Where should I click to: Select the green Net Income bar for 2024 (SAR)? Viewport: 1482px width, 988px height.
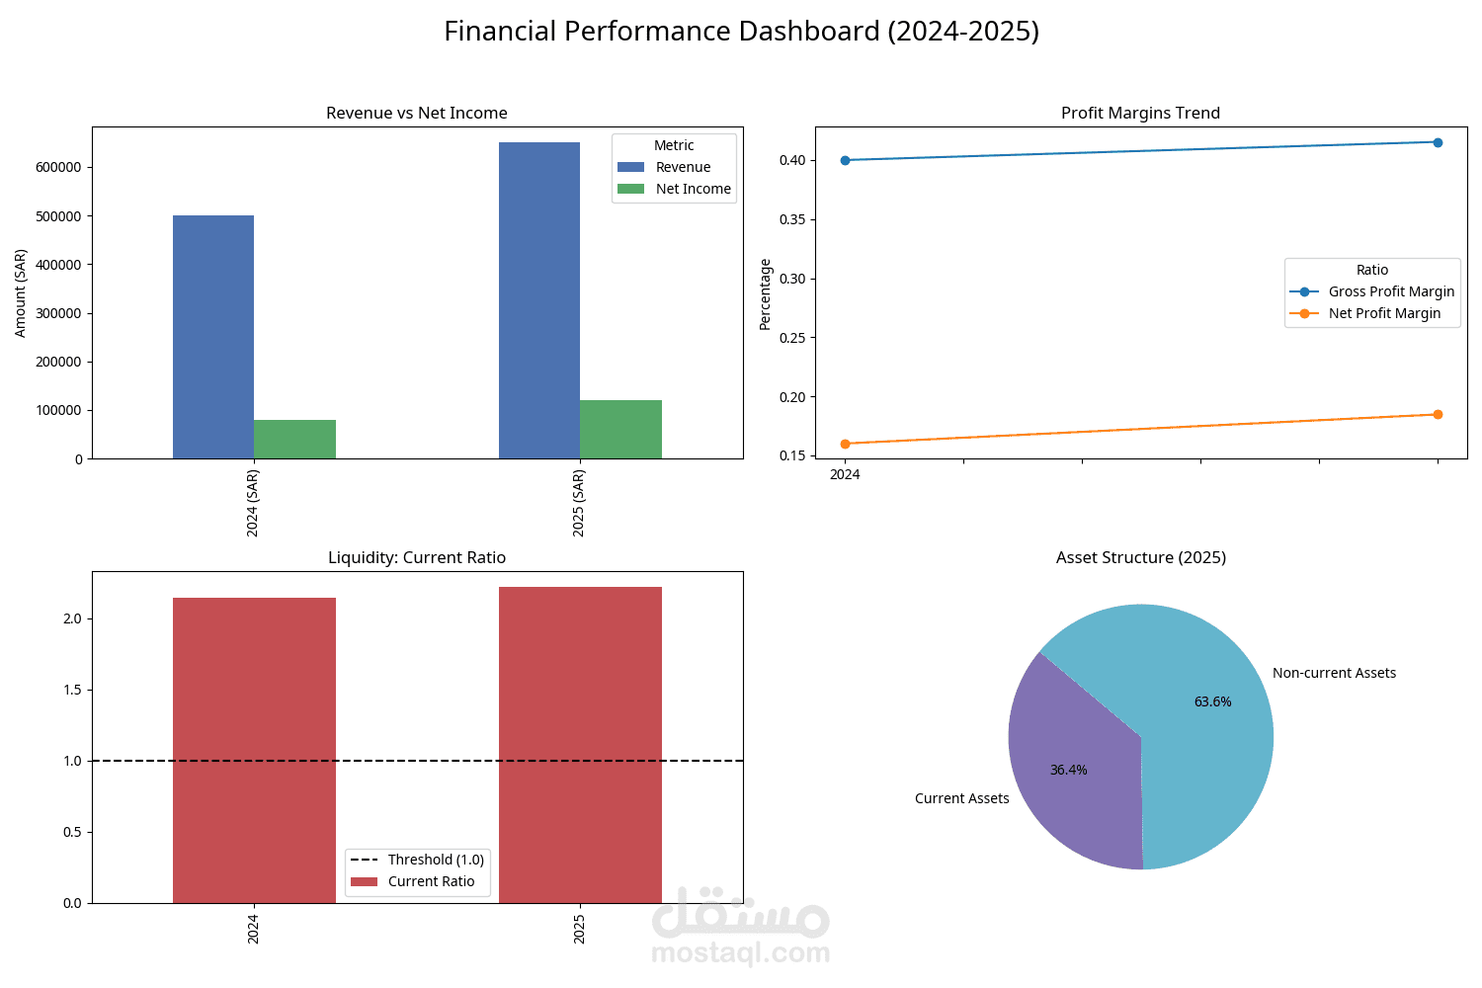pyautogui.click(x=294, y=440)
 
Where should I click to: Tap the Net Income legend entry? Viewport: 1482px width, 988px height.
pyautogui.click(x=693, y=189)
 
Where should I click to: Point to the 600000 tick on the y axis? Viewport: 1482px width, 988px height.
pyautogui.click(x=58, y=167)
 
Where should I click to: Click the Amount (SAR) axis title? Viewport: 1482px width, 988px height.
pyautogui.click(x=21, y=293)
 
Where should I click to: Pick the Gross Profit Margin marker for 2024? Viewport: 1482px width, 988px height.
pyautogui.click(x=845, y=160)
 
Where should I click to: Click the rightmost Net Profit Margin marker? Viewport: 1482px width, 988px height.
pyautogui.click(x=1438, y=414)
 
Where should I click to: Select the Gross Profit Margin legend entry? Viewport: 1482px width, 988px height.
pyautogui.click(x=1390, y=291)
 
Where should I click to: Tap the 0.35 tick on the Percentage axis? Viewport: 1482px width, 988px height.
pyautogui.click(x=791, y=219)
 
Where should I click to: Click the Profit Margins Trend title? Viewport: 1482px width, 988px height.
pyautogui.click(x=1140, y=113)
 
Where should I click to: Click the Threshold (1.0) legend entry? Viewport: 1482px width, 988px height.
pyautogui.click(x=435, y=860)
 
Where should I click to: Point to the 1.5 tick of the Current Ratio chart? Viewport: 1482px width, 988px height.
pyautogui.click(x=72, y=690)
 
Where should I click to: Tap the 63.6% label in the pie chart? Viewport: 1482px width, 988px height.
pyautogui.click(x=1212, y=701)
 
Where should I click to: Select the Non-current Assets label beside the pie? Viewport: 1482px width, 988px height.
pyautogui.click(x=1334, y=673)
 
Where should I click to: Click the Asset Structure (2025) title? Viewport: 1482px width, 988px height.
pyautogui.click(x=1140, y=557)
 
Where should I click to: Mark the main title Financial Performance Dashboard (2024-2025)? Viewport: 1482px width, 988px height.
pyautogui.click(x=741, y=32)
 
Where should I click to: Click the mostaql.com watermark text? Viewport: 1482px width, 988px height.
pyautogui.click(x=740, y=953)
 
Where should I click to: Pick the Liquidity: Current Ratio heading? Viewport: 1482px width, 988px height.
pyautogui.click(x=416, y=557)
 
